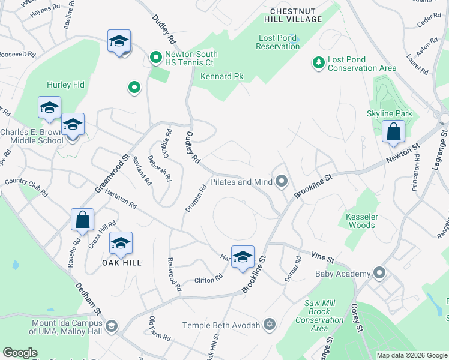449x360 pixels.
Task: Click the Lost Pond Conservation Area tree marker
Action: click(318, 62)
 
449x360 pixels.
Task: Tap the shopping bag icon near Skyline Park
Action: click(393, 132)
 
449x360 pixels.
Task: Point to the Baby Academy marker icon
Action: click(379, 274)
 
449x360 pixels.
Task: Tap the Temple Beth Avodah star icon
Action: click(270, 325)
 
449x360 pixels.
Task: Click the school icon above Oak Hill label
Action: click(121, 243)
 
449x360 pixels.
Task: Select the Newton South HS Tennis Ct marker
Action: click(155, 58)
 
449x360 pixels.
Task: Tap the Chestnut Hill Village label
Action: click(296, 16)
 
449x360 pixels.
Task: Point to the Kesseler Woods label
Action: click(361, 221)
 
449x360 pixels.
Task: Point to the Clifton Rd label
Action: click(208, 279)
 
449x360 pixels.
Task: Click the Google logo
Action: click(20, 353)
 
